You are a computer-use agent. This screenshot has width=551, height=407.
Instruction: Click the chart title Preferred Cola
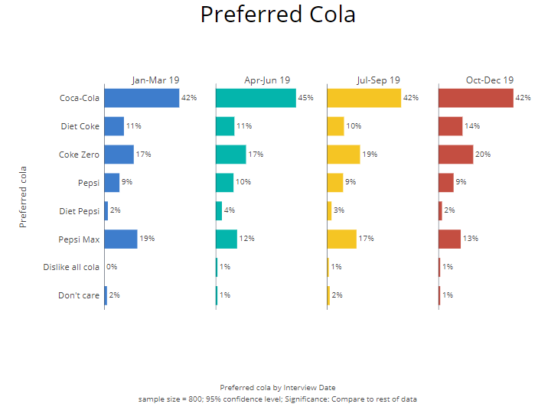pyautogui.click(x=278, y=15)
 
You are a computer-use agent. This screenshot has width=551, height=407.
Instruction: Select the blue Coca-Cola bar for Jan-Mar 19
pyautogui.click(x=142, y=98)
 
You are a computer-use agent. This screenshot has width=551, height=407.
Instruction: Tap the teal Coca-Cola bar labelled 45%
pyautogui.click(x=256, y=98)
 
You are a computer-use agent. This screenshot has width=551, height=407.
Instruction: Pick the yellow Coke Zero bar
pyautogui.click(x=344, y=155)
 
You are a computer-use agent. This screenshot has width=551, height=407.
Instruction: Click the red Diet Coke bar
pyautogui.click(x=450, y=126)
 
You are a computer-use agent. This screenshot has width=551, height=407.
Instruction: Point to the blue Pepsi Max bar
pyautogui.click(x=121, y=239)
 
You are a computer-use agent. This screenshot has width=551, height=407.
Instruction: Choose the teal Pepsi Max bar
pyautogui.click(x=227, y=239)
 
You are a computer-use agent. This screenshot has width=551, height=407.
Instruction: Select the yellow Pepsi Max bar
pyautogui.click(x=341, y=239)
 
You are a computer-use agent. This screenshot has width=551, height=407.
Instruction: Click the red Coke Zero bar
pyautogui.click(x=455, y=155)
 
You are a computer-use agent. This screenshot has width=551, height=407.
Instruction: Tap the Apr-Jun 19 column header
pyautogui.click(x=267, y=80)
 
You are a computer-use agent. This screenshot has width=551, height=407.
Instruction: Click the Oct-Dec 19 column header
pyautogui.click(x=490, y=80)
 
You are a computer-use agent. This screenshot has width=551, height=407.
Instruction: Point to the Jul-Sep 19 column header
pyautogui.click(x=378, y=80)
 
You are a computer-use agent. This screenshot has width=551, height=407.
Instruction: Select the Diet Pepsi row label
pyautogui.click(x=80, y=210)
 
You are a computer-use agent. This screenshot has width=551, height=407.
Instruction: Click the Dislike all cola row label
pyautogui.click(x=71, y=267)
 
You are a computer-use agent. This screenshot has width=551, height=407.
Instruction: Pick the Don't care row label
pyautogui.click(x=79, y=295)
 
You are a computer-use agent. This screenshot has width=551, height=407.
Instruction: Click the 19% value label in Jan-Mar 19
pyautogui.click(x=147, y=239)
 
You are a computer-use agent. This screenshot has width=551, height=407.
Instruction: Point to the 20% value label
pyautogui.click(x=483, y=155)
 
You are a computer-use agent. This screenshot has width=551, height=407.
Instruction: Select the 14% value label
pyautogui.click(x=472, y=126)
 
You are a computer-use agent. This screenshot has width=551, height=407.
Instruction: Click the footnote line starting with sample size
pyautogui.click(x=277, y=399)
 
